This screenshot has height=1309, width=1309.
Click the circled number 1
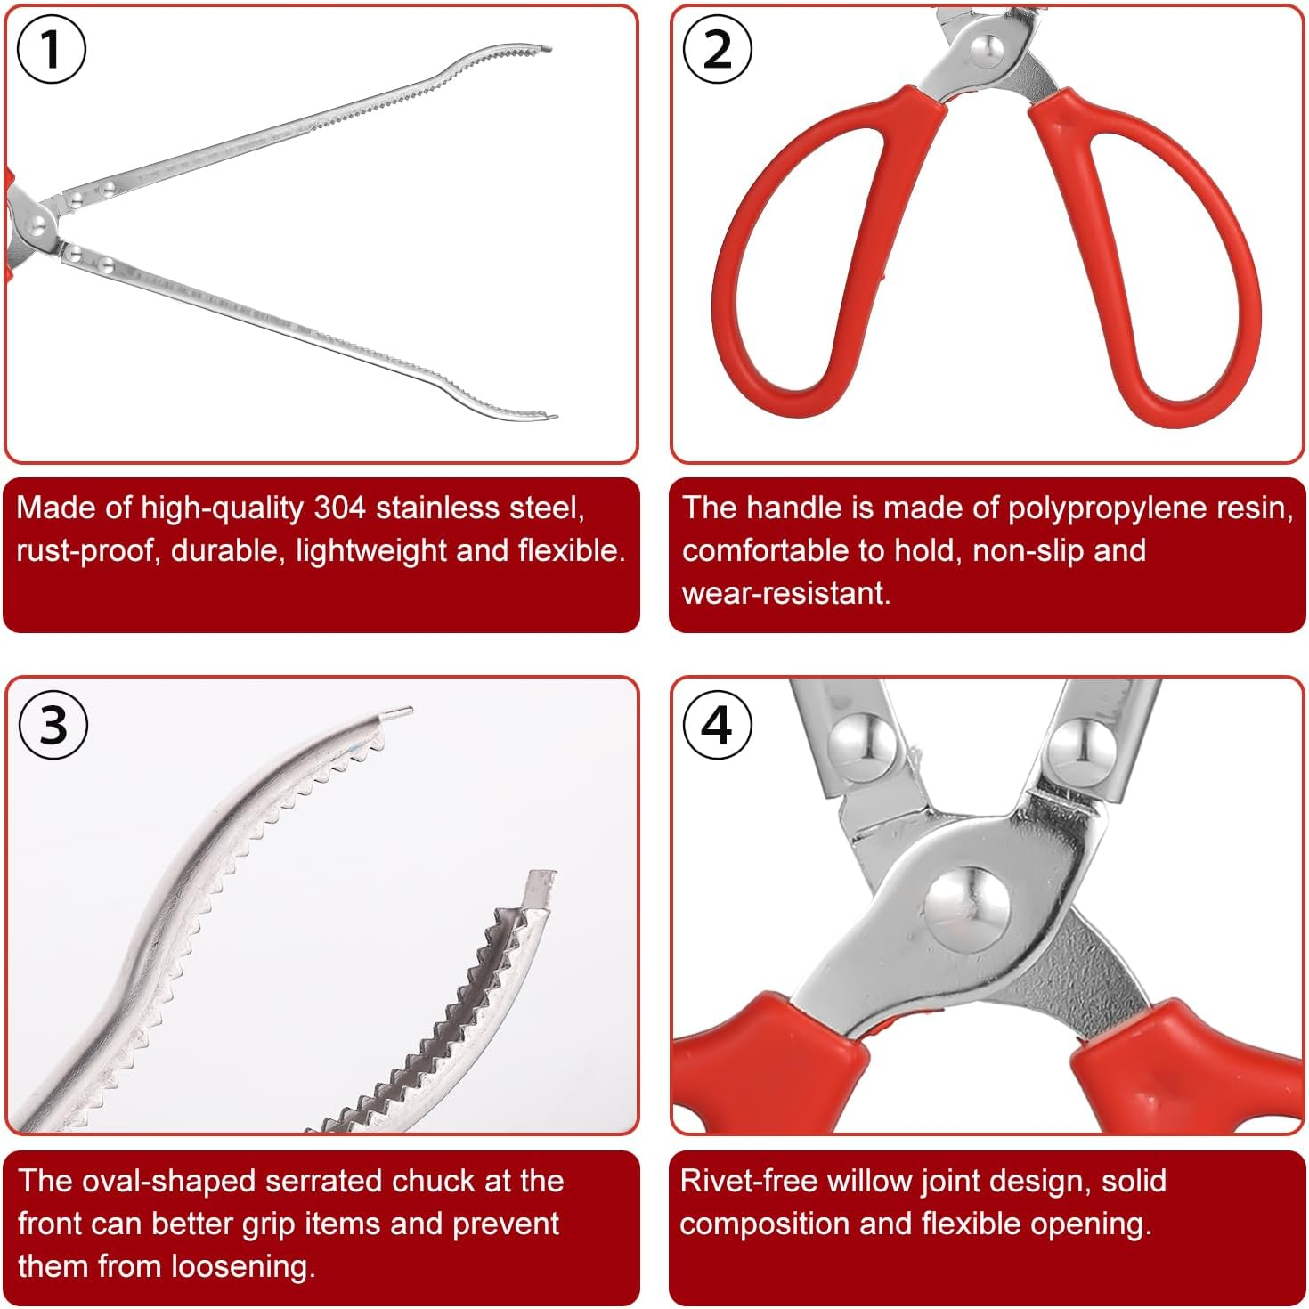click(x=52, y=50)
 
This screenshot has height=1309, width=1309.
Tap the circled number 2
click(x=718, y=50)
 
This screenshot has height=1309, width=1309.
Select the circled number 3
click(x=53, y=725)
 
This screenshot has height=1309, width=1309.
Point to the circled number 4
click(x=718, y=725)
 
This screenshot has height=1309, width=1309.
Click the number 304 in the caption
click(x=339, y=508)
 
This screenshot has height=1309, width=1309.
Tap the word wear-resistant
click(x=785, y=593)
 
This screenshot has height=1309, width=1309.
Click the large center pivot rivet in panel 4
click(x=966, y=908)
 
